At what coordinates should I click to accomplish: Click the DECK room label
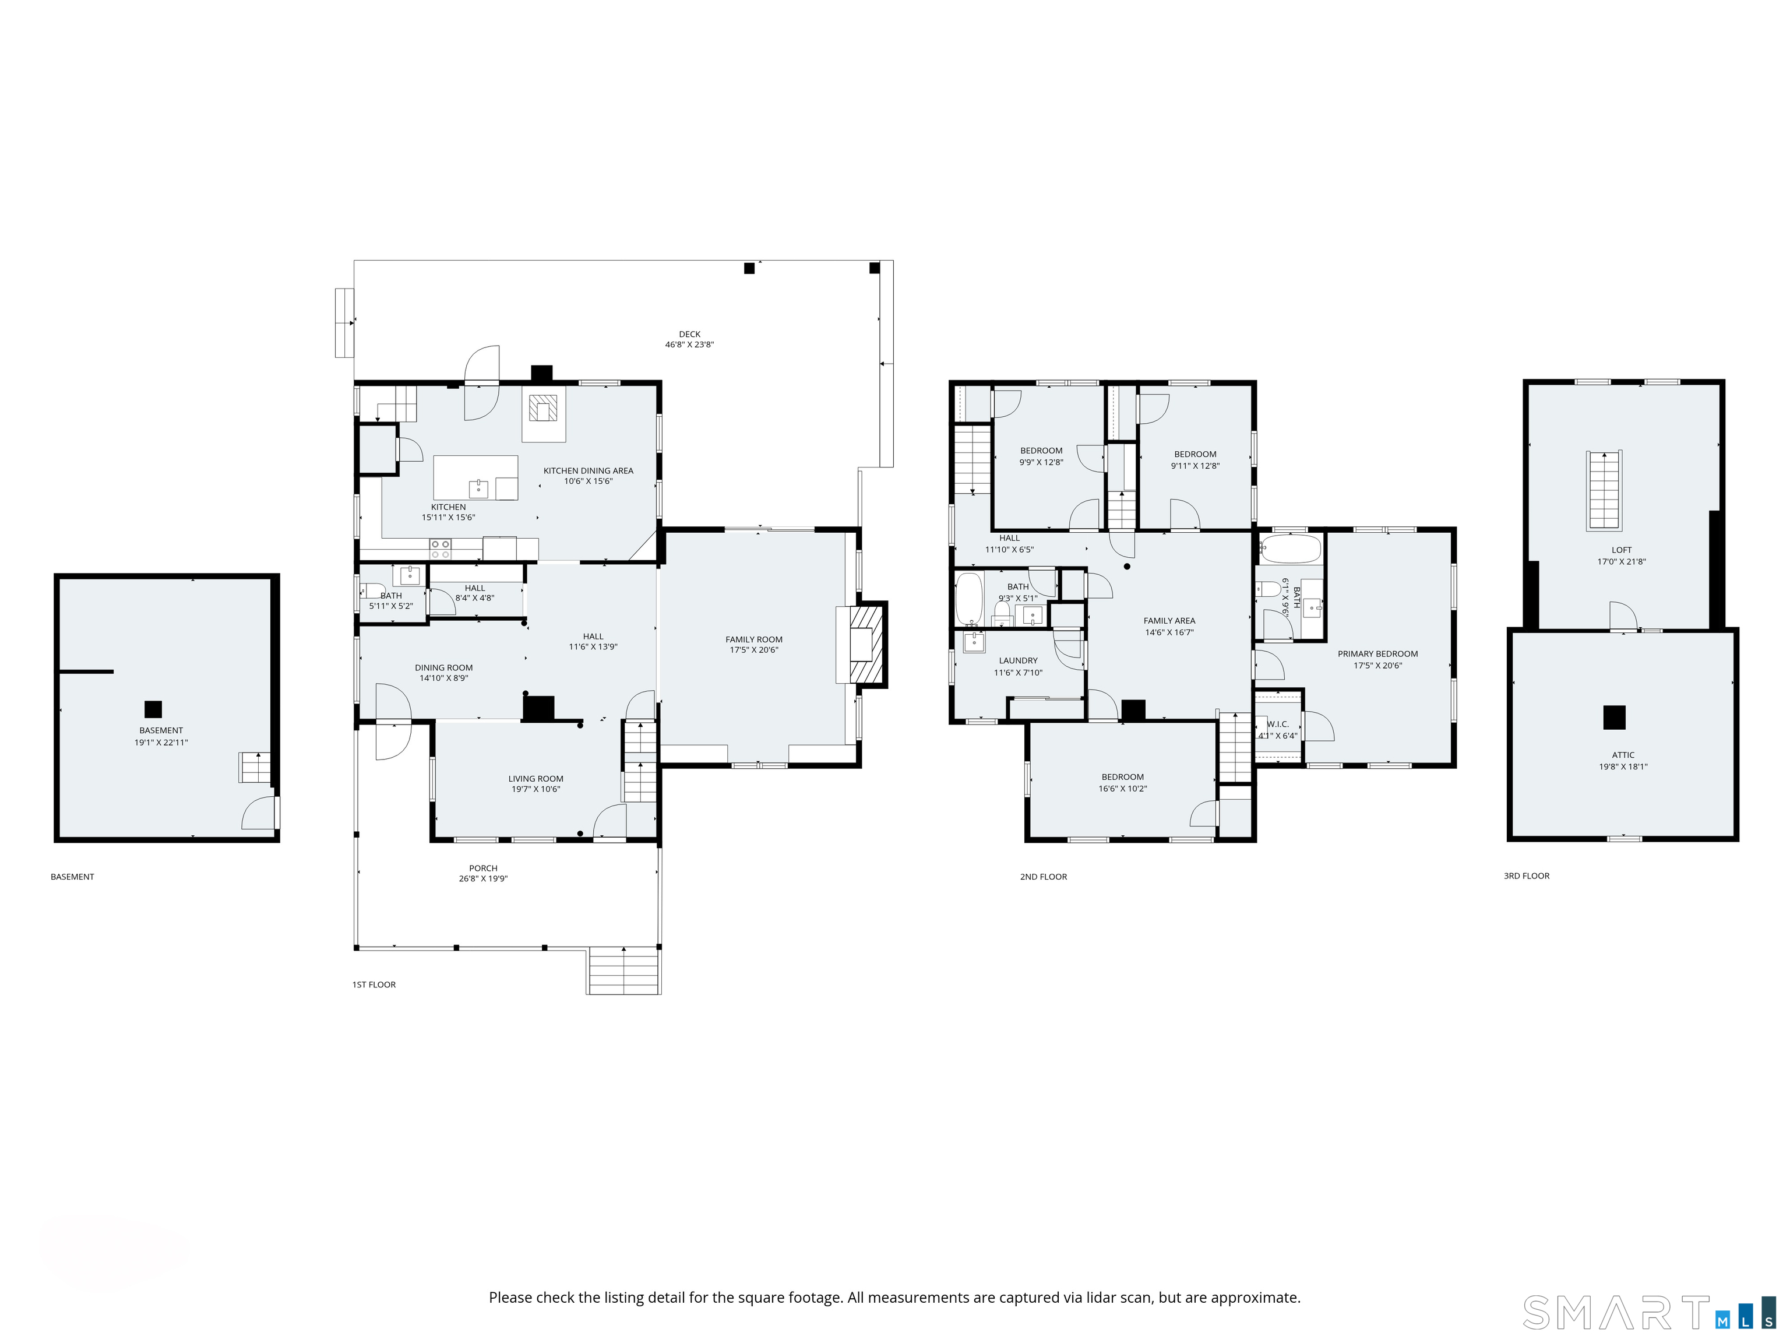coord(689,333)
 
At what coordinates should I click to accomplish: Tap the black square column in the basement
coord(153,709)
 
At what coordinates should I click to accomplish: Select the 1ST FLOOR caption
coord(374,985)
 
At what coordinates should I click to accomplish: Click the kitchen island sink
coord(478,488)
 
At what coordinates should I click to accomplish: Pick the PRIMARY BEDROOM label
coord(1377,654)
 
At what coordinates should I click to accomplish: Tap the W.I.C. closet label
coord(1278,725)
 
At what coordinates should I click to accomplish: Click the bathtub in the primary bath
coord(1291,550)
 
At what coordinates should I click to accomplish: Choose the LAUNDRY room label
coord(1018,660)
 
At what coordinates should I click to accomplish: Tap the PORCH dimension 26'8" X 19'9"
coord(483,879)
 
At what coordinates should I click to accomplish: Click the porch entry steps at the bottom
coord(624,970)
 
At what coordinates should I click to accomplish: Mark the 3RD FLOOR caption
coord(1526,876)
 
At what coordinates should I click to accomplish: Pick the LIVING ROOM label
coord(535,779)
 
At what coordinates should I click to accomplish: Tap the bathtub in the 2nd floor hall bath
coord(968,599)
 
